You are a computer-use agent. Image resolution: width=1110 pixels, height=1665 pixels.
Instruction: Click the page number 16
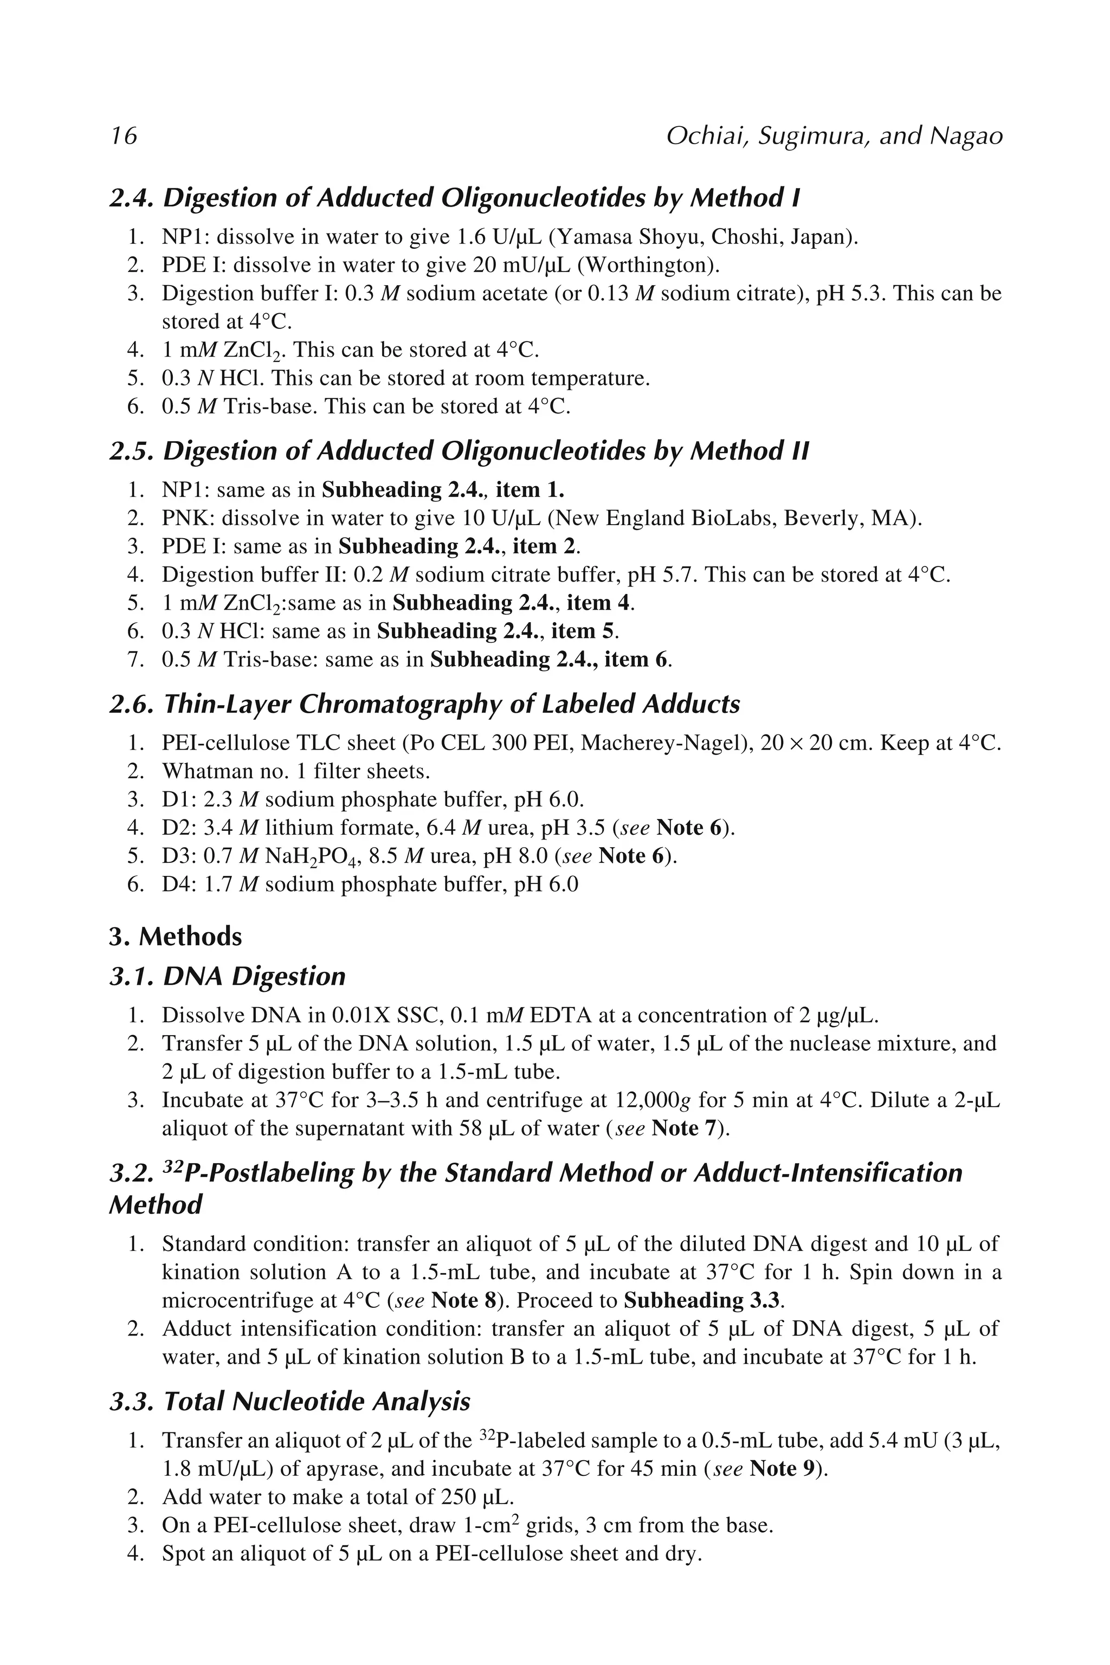coord(124,135)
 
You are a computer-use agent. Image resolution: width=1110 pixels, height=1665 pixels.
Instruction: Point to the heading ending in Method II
coord(459,451)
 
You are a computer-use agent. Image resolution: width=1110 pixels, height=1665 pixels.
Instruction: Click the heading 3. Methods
coord(176,937)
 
